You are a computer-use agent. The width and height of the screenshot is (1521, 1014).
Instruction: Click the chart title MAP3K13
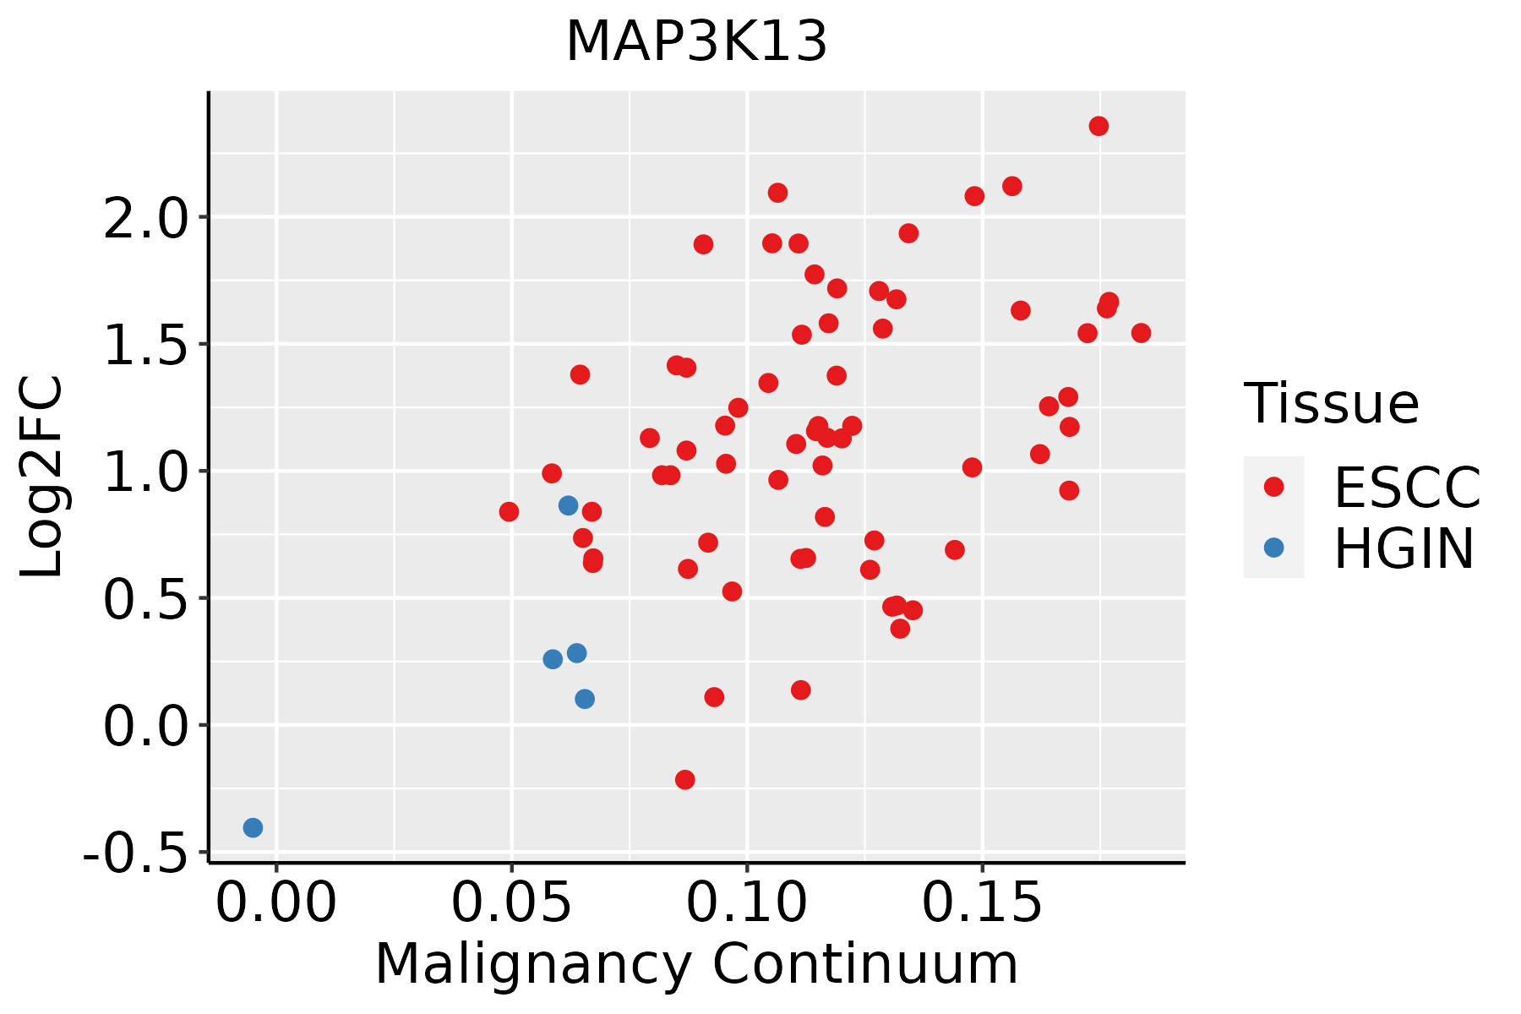coord(696,42)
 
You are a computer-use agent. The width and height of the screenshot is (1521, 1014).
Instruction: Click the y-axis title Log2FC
coord(42,477)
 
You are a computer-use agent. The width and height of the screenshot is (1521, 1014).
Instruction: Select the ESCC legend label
coord(1407,488)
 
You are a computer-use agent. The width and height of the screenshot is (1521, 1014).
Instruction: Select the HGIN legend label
coord(1404,548)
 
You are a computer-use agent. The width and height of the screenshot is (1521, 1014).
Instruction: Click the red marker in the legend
coord(1273,487)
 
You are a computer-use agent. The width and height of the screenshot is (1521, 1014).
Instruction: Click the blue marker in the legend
coord(1273,548)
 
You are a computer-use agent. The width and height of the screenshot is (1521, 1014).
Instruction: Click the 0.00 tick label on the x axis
coord(276,903)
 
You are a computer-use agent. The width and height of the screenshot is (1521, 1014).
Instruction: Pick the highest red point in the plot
coord(1098,126)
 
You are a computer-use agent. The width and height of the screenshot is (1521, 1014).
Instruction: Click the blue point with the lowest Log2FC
coord(253,827)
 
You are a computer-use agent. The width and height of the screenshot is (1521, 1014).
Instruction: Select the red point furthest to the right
coord(1141,333)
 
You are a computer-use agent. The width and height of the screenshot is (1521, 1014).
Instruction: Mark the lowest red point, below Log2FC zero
coord(685,779)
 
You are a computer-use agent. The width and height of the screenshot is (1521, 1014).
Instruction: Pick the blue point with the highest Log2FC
coord(568,505)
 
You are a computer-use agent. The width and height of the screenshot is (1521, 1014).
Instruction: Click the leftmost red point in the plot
coord(509,511)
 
